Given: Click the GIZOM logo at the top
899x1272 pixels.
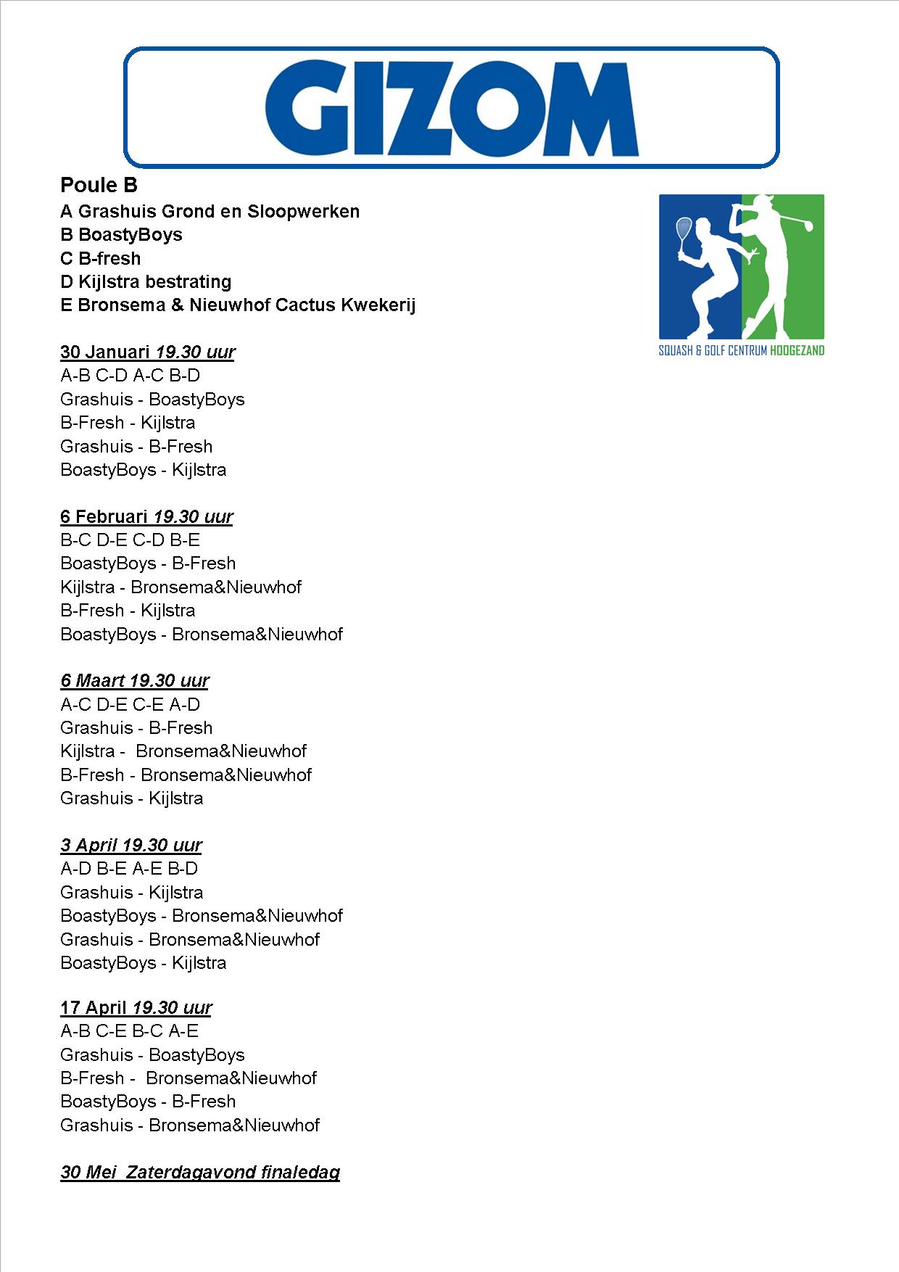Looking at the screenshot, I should (x=451, y=107).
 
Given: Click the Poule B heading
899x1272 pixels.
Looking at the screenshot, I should (x=99, y=186).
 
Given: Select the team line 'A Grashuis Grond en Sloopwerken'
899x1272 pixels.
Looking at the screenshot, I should (x=210, y=212).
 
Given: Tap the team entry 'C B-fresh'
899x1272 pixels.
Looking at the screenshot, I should (x=100, y=259).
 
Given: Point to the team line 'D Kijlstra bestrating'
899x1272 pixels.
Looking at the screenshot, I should (x=146, y=282).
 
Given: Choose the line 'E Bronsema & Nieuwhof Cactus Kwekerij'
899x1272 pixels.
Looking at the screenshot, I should (x=238, y=305).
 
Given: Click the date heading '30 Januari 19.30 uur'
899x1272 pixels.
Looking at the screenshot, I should (x=147, y=352).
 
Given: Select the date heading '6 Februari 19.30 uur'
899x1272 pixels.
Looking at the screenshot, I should (x=146, y=517).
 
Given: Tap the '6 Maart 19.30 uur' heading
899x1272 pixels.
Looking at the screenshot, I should (x=135, y=681).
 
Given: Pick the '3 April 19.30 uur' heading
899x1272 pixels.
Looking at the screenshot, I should (x=130, y=846).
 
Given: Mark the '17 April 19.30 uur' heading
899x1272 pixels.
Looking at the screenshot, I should (x=136, y=1008).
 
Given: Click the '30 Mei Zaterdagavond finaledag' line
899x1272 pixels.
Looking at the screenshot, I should (x=200, y=1173).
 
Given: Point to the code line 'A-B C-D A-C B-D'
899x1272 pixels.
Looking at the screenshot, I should (x=130, y=376).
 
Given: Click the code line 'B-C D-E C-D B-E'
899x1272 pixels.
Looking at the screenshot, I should (x=130, y=540).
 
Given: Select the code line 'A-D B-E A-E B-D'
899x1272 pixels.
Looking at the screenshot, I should (x=129, y=869).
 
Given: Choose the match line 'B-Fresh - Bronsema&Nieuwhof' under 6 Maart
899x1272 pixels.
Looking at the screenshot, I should (x=186, y=775).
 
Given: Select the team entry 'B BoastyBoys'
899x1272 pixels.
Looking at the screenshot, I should (x=121, y=235).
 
